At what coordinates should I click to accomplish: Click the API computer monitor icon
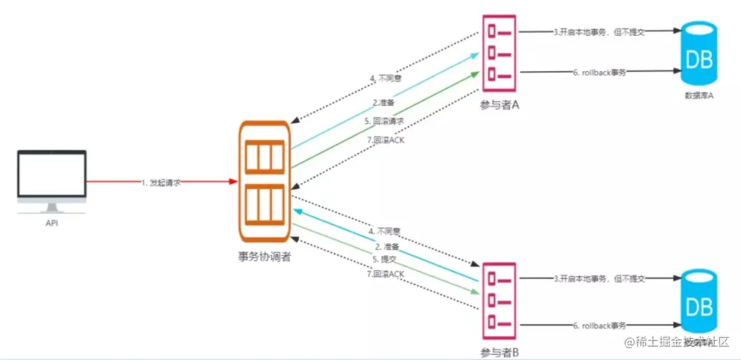52,180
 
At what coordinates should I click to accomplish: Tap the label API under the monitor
52,223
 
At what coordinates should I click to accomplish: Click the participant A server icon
499,55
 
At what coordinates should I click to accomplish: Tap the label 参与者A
500,104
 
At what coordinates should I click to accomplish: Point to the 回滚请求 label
384,122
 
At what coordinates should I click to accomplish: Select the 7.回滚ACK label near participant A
388,140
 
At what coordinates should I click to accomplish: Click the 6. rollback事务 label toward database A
598,72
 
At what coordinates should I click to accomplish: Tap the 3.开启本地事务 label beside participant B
598,279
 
